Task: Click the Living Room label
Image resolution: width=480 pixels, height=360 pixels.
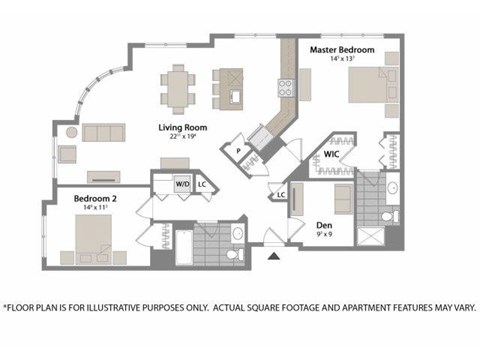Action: [181, 128]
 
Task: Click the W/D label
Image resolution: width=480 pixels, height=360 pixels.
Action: [183, 184]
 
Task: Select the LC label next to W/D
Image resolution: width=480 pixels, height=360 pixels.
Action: [202, 184]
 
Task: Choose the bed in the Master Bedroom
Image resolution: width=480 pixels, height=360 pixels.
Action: [367, 90]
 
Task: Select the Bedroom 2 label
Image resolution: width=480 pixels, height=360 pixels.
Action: [96, 198]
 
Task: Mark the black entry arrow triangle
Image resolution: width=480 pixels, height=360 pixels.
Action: [275, 259]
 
